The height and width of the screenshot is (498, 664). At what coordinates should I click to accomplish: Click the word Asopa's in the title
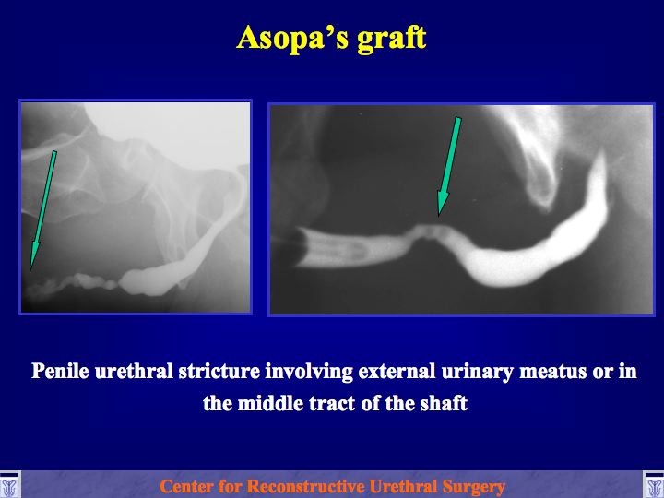click(292, 39)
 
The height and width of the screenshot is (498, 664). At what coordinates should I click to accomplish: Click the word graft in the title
click(392, 40)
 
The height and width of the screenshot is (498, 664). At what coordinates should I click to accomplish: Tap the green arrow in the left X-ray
click(42, 210)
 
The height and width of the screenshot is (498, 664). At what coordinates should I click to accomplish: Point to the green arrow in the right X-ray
click(449, 166)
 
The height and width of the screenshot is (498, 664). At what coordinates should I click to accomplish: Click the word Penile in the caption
click(60, 371)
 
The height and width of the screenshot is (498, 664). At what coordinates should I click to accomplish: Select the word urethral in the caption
click(134, 371)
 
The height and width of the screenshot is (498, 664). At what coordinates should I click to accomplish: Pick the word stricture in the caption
click(219, 371)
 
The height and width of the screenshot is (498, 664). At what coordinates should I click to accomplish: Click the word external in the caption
click(397, 371)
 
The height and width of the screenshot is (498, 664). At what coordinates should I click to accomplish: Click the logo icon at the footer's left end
click(9, 484)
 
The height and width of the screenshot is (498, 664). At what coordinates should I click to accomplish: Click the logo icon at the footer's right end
click(654, 484)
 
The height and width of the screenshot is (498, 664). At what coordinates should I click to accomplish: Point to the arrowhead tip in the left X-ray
click(30, 271)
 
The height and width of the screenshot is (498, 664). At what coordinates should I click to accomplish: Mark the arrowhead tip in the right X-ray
click(439, 217)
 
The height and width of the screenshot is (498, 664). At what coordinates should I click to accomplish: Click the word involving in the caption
click(309, 372)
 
